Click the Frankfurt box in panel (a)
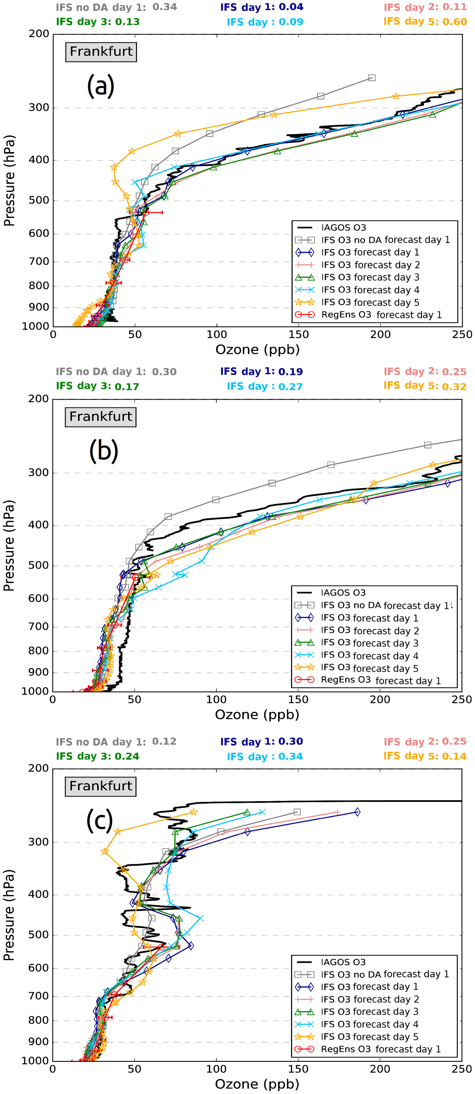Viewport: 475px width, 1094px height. pos(101,52)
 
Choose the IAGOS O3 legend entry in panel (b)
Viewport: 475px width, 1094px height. pos(343,592)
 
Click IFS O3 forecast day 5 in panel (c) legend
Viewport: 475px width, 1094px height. pos(369,1037)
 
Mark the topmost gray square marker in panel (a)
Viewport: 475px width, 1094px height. pos(372,78)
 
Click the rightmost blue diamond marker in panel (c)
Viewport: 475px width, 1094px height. pos(357,812)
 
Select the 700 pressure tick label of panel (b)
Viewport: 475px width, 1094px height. pos(39,626)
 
